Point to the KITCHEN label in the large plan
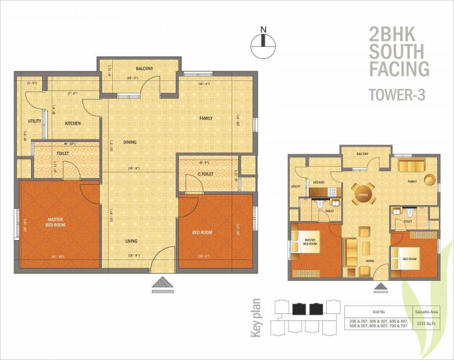tap(72, 122)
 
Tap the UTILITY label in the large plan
tap(34, 122)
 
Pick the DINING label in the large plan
tap(130, 142)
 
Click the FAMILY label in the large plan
tap(206, 118)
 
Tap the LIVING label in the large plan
tap(132, 241)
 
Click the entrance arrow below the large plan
tap(160, 282)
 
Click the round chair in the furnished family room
tap(430, 180)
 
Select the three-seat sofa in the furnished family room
tap(408, 163)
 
